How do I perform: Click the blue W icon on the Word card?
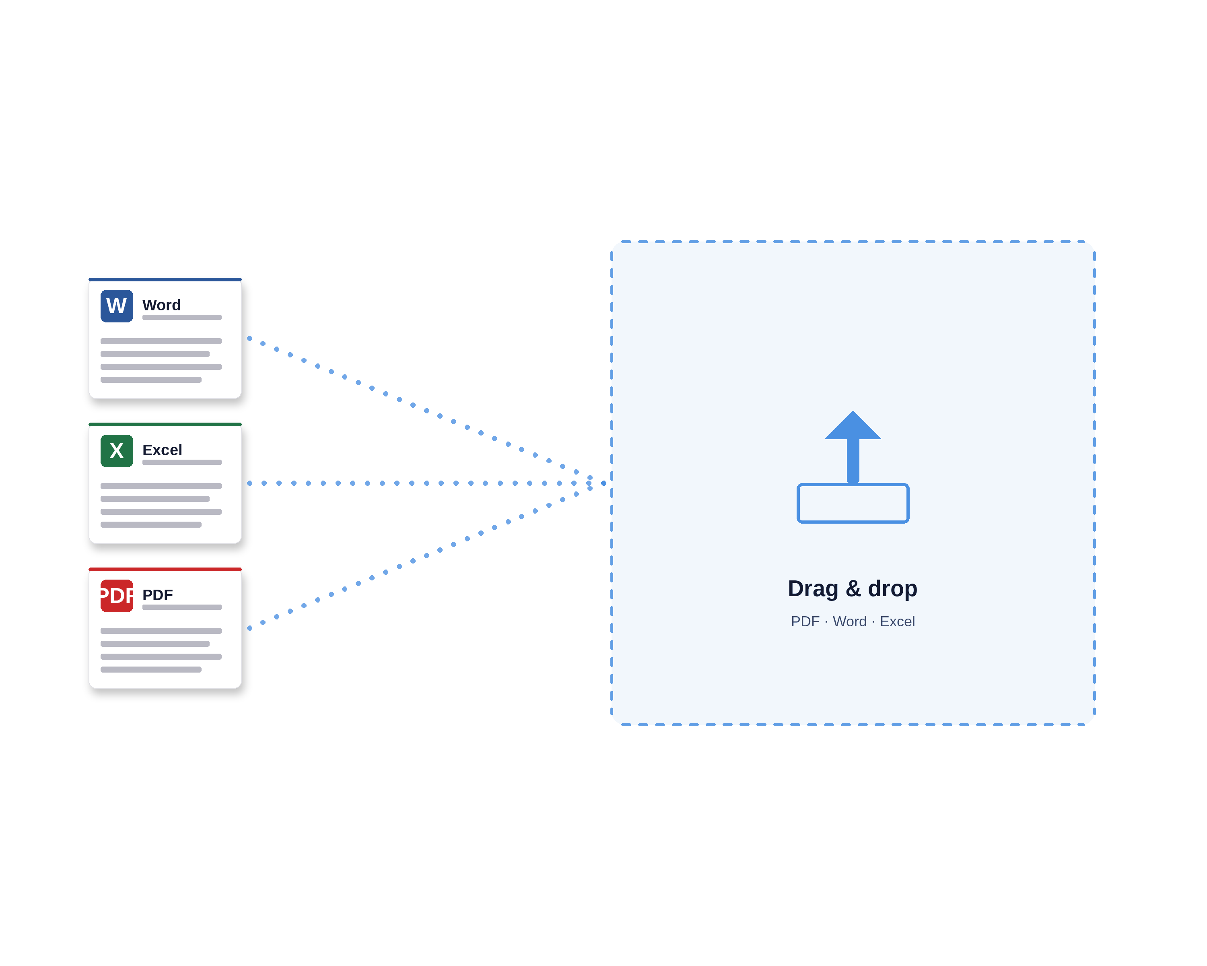116,306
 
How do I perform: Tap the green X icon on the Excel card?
116,451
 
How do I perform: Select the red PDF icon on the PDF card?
116,596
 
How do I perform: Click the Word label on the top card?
161,305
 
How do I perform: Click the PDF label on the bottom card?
157,595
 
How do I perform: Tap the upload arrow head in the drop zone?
853,427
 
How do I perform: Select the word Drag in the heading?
813,590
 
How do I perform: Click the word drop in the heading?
892,590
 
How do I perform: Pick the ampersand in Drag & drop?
853,588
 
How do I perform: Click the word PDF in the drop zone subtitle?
805,621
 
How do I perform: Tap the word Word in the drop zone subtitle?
849,621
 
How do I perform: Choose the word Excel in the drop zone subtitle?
898,621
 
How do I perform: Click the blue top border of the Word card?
165,279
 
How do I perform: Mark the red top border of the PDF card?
165,570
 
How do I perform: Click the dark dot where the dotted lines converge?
603,483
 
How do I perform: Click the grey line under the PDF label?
182,607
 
